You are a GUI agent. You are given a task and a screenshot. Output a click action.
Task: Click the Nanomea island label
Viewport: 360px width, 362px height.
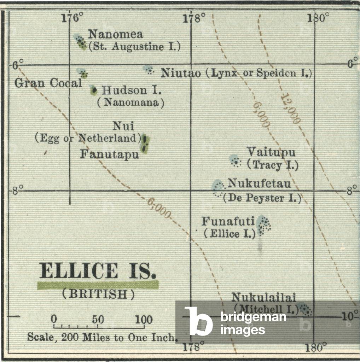coord(116,34)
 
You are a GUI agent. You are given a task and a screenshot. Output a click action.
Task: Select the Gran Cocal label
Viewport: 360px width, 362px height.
coord(48,83)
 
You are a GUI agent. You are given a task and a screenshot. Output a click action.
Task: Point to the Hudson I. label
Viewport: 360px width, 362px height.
coord(132,90)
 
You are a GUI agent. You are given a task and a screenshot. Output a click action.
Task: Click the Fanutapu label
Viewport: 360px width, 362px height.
coord(109,154)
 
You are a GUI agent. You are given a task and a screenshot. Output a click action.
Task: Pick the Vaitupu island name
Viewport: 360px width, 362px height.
coord(271,152)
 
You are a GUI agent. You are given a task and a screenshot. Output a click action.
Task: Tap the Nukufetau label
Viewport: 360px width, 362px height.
coord(259,183)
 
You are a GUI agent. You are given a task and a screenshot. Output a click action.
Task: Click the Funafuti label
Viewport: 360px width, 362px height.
coord(228,221)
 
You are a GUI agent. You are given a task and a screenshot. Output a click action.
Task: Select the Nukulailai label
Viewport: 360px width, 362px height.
coord(263,297)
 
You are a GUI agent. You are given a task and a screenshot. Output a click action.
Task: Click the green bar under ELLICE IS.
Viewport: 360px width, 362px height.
coord(98,285)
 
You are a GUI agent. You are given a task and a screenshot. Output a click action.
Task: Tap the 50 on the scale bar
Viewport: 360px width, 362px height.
coord(98,320)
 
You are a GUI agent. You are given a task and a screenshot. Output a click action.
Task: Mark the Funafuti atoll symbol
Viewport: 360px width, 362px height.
coord(263,226)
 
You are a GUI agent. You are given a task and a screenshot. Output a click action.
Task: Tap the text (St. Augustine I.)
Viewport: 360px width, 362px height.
coord(134,47)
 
